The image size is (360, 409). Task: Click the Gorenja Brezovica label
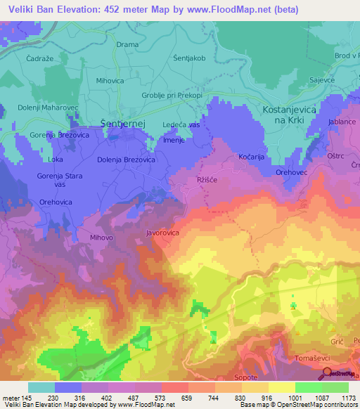click(x=58, y=134)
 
